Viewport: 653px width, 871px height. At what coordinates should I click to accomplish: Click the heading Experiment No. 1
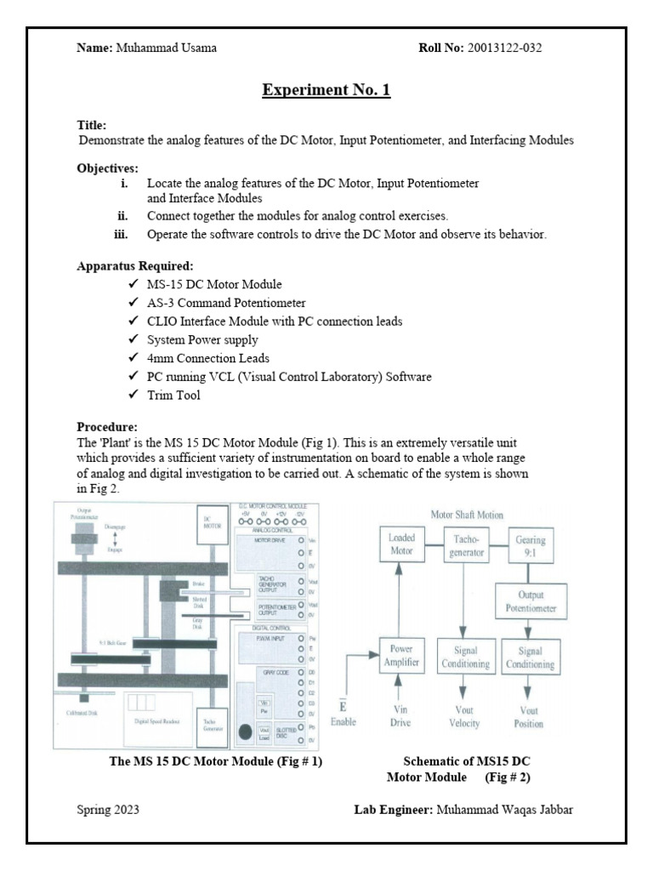tap(326, 89)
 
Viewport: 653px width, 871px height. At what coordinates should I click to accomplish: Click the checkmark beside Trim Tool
tap(133, 396)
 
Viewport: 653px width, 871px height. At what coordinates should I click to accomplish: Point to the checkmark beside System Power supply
tap(133, 339)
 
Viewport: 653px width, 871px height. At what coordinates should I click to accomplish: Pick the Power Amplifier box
tap(400, 658)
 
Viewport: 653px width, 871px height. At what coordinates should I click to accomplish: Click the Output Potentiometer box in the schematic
tap(530, 602)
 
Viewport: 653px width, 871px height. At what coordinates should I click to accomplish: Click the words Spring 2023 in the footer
tap(109, 809)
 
